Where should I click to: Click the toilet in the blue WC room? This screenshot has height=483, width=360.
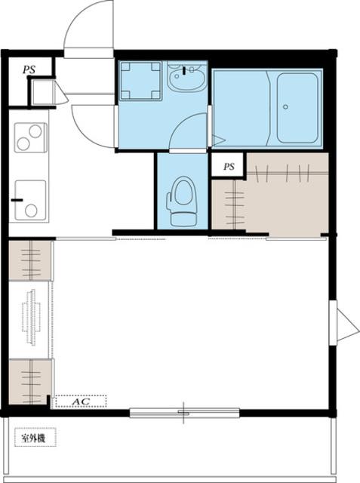(x=182, y=202)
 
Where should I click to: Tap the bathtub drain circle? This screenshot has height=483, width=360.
(x=285, y=107)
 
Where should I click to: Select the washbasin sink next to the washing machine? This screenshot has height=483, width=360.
(x=186, y=77)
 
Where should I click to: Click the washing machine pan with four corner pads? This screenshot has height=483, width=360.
(x=140, y=81)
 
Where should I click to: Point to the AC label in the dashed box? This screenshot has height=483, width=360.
(x=81, y=401)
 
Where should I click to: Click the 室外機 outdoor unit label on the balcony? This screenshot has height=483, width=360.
(x=33, y=438)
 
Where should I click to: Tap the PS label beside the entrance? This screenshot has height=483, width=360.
(x=29, y=69)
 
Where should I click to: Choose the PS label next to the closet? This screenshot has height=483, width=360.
(x=229, y=167)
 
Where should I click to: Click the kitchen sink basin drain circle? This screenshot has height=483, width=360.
(x=31, y=211)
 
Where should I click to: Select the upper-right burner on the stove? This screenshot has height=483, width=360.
(x=35, y=131)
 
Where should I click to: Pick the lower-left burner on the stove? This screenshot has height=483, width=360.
(x=23, y=144)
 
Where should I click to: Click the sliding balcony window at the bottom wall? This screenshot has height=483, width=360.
(x=184, y=412)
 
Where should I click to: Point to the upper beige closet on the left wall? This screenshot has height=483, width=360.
(x=30, y=260)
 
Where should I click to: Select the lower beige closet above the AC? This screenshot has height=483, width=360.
(x=30, y=381)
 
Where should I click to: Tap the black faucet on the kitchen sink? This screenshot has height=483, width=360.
(x=17, y=200)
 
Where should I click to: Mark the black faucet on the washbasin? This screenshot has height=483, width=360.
(x=184, y=70)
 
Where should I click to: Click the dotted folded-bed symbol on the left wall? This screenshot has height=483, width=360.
(x=31, y=317)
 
